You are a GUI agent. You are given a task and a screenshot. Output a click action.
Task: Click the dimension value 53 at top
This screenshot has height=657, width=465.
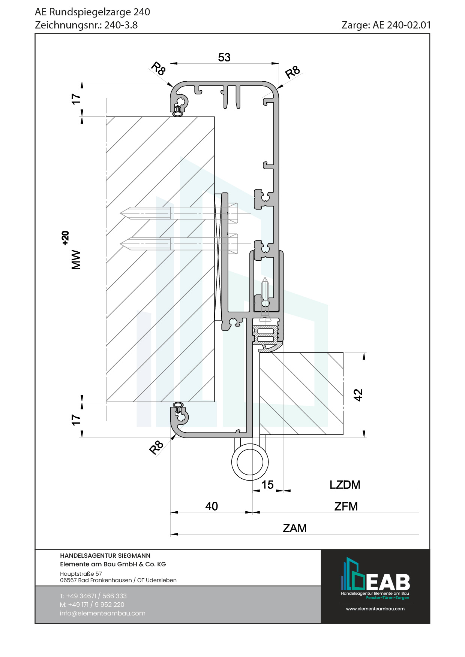224,57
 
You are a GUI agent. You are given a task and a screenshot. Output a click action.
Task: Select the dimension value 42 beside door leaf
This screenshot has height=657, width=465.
358,395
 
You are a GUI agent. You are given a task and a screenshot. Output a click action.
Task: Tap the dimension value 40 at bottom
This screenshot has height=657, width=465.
211,506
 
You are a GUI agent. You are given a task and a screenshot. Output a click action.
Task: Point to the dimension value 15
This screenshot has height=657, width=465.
267,485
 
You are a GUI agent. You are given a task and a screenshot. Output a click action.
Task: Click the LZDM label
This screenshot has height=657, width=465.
345,485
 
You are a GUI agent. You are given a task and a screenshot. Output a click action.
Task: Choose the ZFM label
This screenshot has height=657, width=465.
346,506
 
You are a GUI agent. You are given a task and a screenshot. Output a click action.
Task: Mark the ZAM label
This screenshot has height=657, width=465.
294,528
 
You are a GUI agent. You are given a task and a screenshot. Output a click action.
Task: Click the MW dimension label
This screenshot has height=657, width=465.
76,260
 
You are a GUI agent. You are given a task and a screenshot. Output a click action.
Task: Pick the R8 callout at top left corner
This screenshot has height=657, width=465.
158,69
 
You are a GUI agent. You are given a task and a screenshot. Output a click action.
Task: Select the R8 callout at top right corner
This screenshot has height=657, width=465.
292,72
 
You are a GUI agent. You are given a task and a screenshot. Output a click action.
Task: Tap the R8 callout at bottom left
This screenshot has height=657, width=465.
156,447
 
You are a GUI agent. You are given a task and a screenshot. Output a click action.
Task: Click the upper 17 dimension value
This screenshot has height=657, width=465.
76,99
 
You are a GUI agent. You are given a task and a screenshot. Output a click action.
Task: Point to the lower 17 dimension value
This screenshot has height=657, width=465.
76,420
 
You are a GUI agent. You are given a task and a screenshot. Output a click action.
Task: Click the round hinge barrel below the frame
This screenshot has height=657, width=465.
250,462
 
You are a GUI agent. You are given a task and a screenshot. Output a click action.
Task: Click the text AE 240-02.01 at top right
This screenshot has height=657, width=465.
402,25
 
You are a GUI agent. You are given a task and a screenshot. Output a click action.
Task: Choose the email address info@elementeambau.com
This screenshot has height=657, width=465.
102,613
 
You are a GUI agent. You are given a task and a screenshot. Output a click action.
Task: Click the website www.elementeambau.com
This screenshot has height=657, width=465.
375,609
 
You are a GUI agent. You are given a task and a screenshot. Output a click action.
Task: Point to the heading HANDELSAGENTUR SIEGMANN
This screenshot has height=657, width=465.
105,555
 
